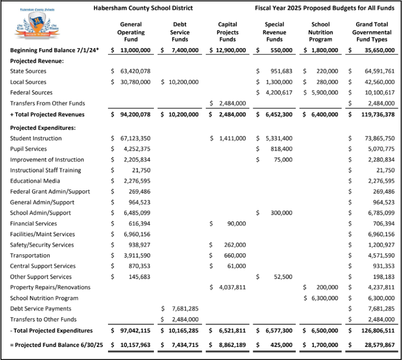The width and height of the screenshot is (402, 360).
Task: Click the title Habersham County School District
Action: coord(143,8)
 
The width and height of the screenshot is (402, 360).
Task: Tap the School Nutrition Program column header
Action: coord(321,32)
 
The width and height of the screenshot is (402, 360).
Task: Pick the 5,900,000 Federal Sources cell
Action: coord(323,93)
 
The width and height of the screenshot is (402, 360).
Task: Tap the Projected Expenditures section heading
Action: coord(43,128)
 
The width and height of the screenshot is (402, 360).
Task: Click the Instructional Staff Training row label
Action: coord(45,171)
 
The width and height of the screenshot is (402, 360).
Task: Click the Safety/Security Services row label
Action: coord(42,245)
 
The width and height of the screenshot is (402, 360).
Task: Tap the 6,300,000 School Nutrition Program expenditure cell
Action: coord(323,298)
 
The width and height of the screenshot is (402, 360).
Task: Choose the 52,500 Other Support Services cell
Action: coord(280,277)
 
